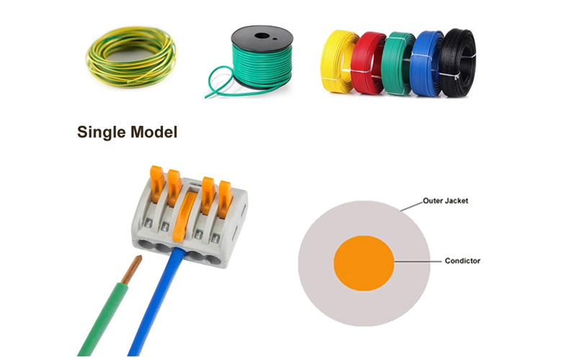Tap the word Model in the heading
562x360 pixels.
(151, 132)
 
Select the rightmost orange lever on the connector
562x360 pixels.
(226, 194)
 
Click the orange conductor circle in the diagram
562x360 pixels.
(363, 261)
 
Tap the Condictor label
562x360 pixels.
(462, 261)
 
